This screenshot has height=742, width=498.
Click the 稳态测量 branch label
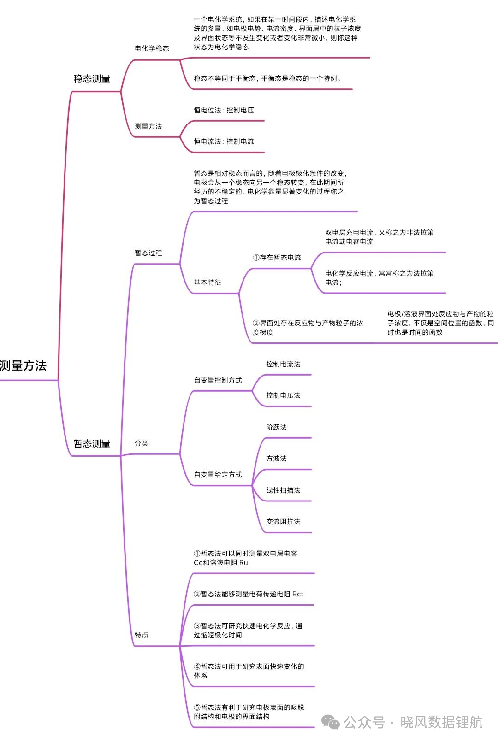[x=92, y=79]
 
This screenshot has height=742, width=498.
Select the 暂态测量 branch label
[x=92, y=443]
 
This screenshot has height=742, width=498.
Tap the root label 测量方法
[x=23, y=365]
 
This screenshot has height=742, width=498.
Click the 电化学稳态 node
[x=152, y=48]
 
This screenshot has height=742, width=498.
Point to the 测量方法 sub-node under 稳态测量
[x=148, y=126]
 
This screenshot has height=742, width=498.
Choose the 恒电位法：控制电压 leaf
[x=224, y=110]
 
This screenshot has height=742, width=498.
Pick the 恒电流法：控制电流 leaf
[x=224, y=141]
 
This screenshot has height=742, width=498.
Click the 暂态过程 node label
[x=148, y=253]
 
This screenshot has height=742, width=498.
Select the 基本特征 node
[x=207, y=283]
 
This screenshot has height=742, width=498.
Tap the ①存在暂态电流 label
[x=277, y=258]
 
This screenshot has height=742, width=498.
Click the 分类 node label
[x=142, y=443]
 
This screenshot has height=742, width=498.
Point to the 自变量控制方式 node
[x=218, y=380]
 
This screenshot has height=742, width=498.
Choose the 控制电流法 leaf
[x=283, y=364]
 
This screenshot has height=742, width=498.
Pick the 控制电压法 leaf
[x=283, y=395]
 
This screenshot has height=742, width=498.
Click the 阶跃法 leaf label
[x=276, y=427]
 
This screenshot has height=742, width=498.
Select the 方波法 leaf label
[x=276, y=459]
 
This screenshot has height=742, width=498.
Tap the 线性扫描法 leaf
[x=283, y=490]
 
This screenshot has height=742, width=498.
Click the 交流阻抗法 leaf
[x=283, y=522]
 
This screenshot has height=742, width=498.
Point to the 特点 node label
[x=142, y=635]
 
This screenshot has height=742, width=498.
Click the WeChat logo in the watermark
[x=331, y=722]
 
